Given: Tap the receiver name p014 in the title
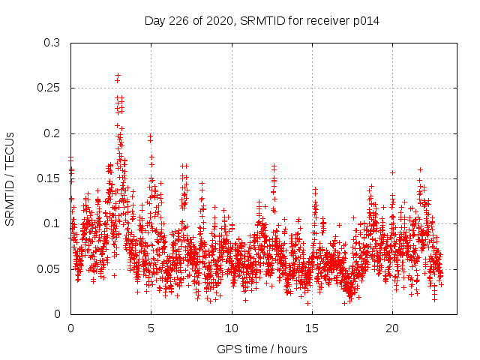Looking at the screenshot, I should (365, 21).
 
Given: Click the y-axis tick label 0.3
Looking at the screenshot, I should (52, 43).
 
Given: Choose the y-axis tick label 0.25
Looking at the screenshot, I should (49, 88).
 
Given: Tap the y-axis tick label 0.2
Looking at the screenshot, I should (52, 133).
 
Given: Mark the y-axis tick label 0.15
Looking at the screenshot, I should (49, 178).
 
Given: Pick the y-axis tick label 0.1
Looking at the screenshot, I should (52, 223).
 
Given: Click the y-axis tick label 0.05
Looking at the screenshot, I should (49, 268).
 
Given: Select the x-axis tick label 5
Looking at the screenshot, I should (151, 328).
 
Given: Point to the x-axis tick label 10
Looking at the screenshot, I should (232, 328).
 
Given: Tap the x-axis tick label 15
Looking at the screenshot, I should (312, 328).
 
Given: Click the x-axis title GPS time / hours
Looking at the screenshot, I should (262, 349).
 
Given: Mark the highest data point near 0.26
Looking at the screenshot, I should (118, 76).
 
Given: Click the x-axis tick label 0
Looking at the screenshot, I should (70, 328).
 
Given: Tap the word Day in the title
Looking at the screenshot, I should (154, 21).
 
